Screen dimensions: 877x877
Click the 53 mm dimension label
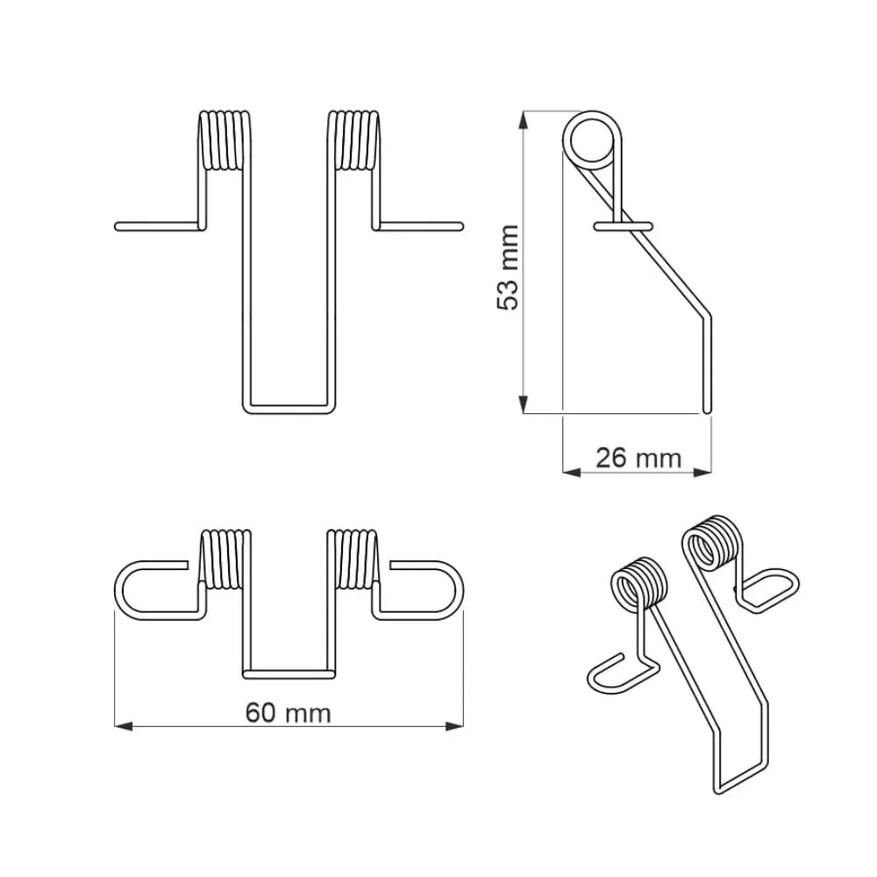point(508,267)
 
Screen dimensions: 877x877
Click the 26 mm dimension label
point(638,458)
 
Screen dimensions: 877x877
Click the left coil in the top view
point(225,559)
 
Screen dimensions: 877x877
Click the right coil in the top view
point(353,559)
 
